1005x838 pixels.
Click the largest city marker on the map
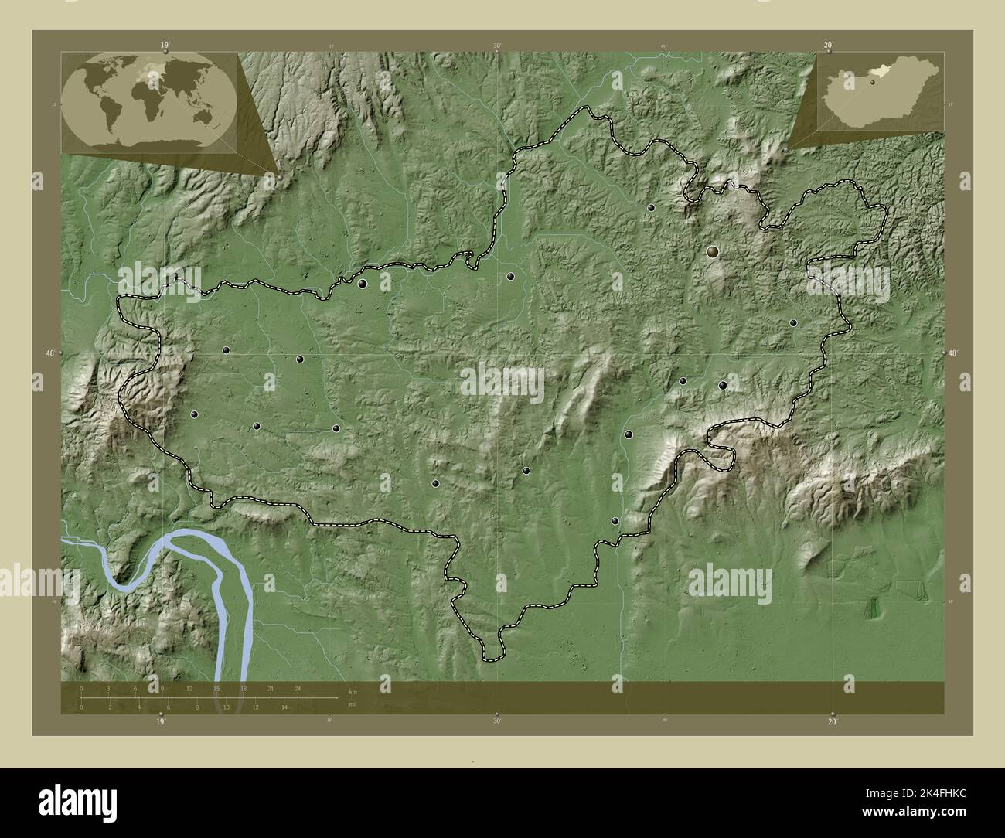(712, 251)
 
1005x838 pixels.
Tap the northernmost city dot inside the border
(651, 207)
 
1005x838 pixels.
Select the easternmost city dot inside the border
(792, 322)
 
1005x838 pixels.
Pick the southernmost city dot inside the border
(615, 521)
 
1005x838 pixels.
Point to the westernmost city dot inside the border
(194, 414)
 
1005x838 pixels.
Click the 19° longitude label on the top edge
(165, 46)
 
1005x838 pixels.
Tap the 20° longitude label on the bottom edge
(832, 722)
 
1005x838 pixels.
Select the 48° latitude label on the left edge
(50, 353)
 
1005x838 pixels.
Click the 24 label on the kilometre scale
(298, 688)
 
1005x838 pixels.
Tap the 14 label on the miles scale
(284, 707)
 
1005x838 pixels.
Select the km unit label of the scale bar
(353, 691)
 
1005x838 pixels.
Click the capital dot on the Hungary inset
(871, 81)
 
